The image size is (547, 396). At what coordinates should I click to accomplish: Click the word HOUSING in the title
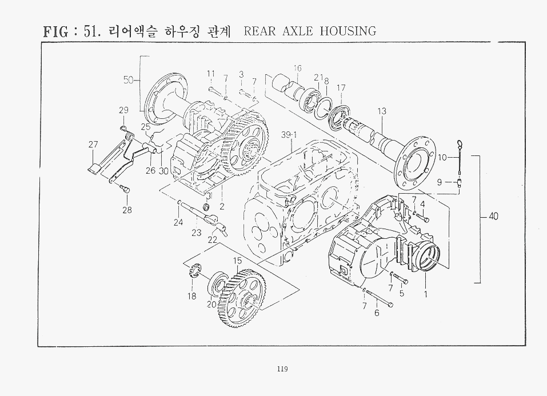(x=348, y=31)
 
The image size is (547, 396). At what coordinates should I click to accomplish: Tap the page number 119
(x=282, y=369)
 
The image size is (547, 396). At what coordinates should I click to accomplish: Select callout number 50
(x=129, y=80)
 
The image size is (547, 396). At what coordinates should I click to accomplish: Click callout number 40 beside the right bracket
(x=493, y=217)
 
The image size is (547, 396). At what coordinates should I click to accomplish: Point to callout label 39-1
(x=289, y=135)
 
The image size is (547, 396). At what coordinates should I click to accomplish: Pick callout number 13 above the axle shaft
(x=382, y=111)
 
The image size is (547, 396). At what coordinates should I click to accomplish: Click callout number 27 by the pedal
(x=93, y=145)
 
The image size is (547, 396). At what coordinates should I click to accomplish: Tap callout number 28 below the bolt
(x=127, y=210)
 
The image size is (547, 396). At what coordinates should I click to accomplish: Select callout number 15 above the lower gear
(x=237, y=261)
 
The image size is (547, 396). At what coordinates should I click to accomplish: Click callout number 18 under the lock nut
(x=192, y=296)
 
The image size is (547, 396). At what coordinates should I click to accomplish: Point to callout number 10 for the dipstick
(x=442, y=157)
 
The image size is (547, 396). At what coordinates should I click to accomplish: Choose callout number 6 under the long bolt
(x=377, y=313)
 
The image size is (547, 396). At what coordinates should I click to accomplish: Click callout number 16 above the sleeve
(x=297, y=68)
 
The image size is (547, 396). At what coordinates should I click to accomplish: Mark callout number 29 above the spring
(x=123, y=110)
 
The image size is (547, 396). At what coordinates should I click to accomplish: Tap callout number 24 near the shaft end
(x=178, y=222)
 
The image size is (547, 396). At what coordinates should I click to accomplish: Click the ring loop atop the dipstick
(x=459, y=142)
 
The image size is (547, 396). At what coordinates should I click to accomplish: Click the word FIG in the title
(x=56, y=32)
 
